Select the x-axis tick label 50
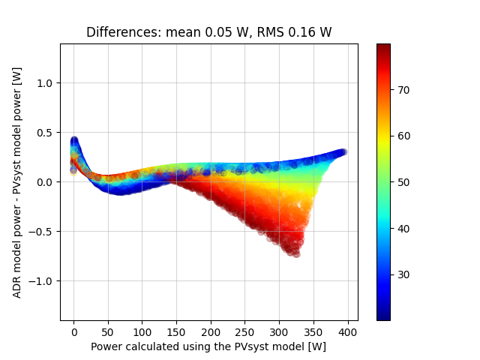coord(108,331)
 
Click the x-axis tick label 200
coord(211,331)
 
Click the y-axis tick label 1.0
coord(46,82)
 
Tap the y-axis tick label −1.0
coord(43,280)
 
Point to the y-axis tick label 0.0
coord(46,181)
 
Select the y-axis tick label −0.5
coord(43,231)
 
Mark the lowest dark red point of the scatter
coord(296,254)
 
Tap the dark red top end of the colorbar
coord(383,46)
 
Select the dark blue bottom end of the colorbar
coord(383,318)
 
